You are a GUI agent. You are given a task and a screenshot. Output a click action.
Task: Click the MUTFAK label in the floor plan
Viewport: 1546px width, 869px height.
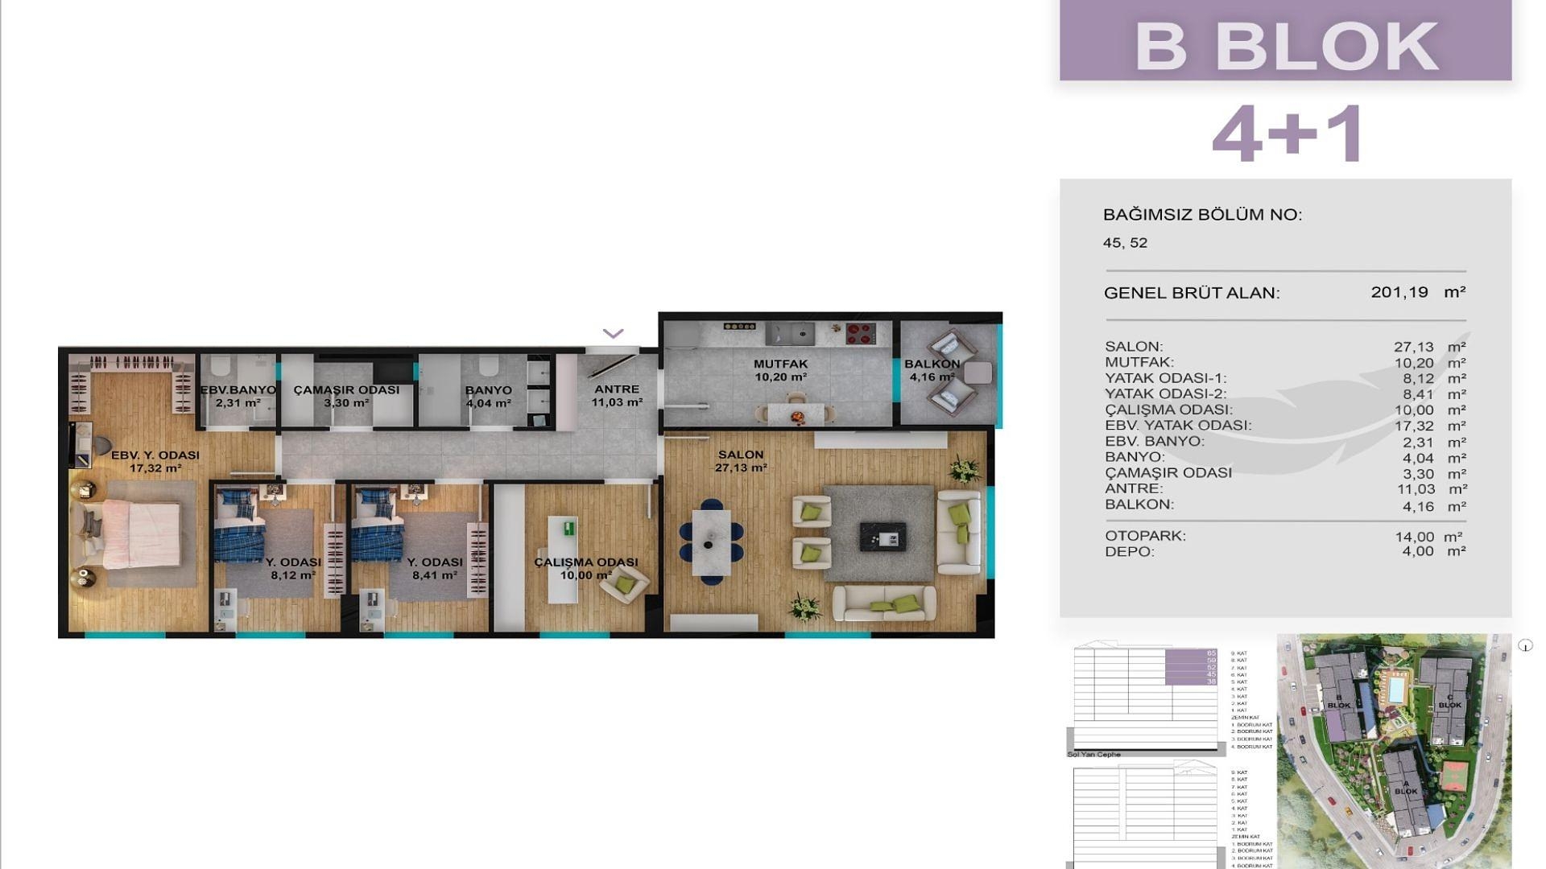[x=780, y=364]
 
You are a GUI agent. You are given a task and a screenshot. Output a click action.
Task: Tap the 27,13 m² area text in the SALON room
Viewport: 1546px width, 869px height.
[x=740, y=467]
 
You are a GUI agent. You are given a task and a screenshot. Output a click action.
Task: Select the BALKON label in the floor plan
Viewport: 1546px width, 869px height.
[x=932, y=364]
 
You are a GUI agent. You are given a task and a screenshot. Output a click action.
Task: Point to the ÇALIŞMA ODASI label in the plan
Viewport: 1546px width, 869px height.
[x=585, y=562]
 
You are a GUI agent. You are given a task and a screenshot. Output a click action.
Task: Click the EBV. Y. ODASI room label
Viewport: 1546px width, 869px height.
[x=155, y=455]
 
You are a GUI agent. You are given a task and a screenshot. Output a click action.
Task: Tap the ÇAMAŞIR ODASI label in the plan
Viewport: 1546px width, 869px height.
[x=346, y=389]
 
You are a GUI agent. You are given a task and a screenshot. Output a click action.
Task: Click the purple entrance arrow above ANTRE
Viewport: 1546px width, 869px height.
[x=613, y=333]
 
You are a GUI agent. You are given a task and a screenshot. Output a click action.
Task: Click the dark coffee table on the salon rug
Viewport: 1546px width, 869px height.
[x=883, y=536]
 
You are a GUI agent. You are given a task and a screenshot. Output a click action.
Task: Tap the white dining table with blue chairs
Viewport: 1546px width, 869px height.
[x=711, y=542]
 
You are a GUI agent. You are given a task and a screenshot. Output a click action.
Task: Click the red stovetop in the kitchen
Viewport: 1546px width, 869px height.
[x=861, y=333]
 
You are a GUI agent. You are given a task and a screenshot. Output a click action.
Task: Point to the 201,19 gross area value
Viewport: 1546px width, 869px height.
[x=1399, y=292]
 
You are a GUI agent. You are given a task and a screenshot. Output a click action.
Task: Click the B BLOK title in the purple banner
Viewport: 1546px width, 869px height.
[x=1285, y=46]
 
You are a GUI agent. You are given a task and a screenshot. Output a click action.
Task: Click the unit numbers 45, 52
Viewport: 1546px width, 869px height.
[x=1125, y=243]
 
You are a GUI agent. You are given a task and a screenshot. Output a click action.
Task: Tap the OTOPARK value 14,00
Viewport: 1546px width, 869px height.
[x=1414, y=536]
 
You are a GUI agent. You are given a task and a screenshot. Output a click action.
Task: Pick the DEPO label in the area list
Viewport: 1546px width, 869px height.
[x=1129, y=551]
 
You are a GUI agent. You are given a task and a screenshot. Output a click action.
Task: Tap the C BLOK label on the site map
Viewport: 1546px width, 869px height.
[x=1449, y=701]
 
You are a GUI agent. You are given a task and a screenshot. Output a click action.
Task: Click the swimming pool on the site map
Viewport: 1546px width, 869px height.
[x=1394, y=689]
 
